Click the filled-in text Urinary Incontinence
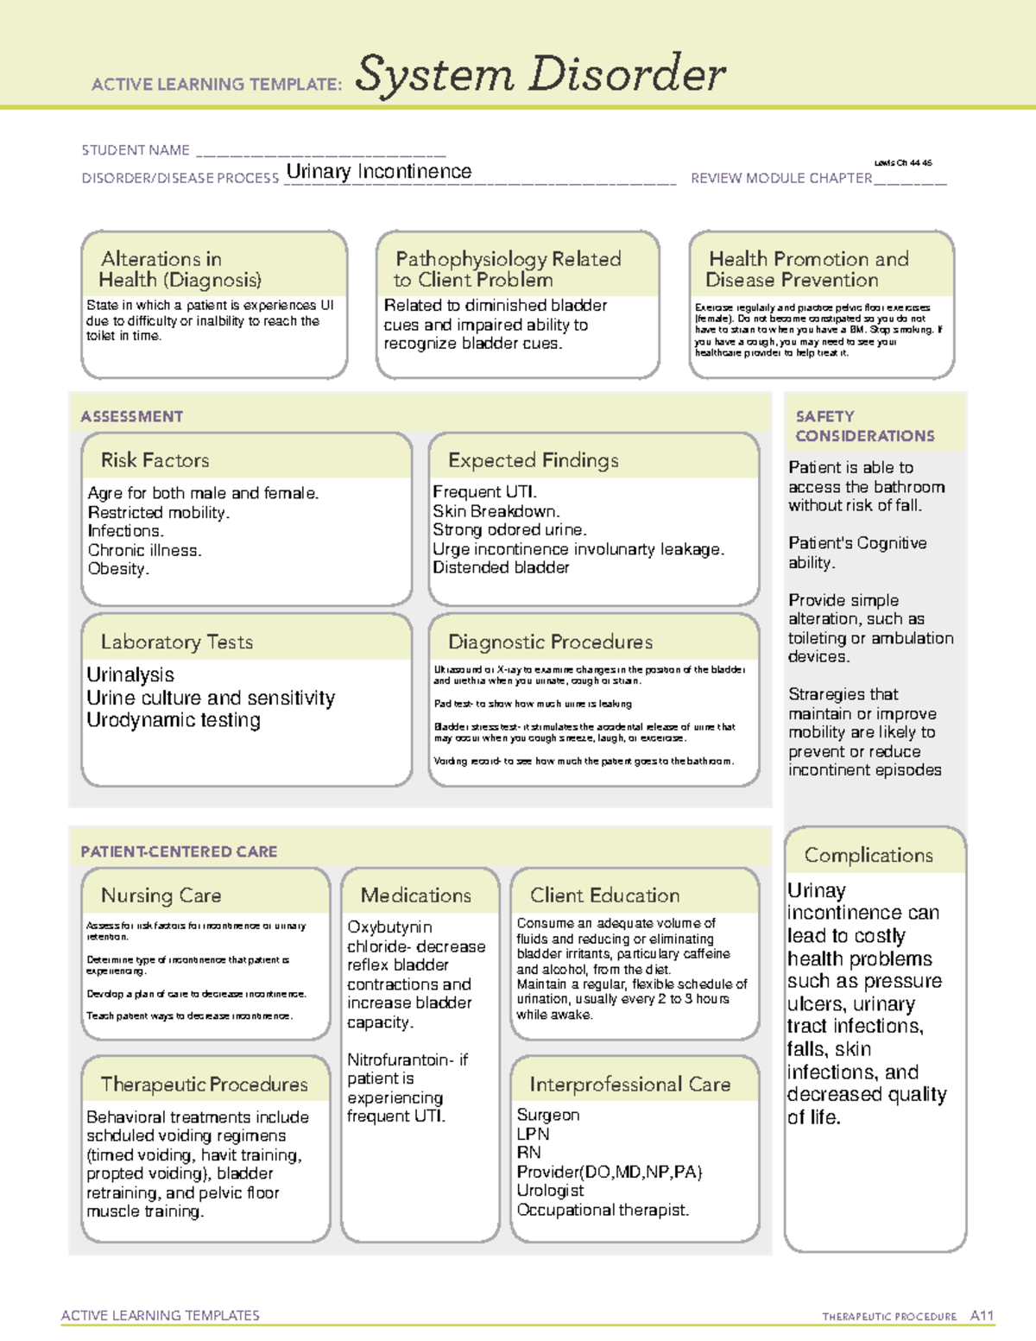click(x=378, y=172)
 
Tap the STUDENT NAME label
click(x=136, y=150)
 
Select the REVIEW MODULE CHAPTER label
click(x=781, y=178)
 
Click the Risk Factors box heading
click(x=155, y=460)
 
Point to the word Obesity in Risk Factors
click(x=117, y=569)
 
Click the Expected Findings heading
click(x=533, y=460)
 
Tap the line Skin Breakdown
click(x=496, y=511)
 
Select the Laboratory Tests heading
click(x=176, y=642)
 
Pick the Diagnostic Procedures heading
click(x=550, y=642)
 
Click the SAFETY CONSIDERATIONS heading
click(x=864, y=426)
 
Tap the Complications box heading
click(x=869, y=855)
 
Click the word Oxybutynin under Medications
click(x=389, y=927)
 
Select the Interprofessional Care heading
click(x=629, y=1084)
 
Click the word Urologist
click(x=550, y=1190)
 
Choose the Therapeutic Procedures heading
click(x=204, y=1084)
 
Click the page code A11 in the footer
click(x=982, y=1315)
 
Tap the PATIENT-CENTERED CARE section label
click(x=179, y=851)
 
